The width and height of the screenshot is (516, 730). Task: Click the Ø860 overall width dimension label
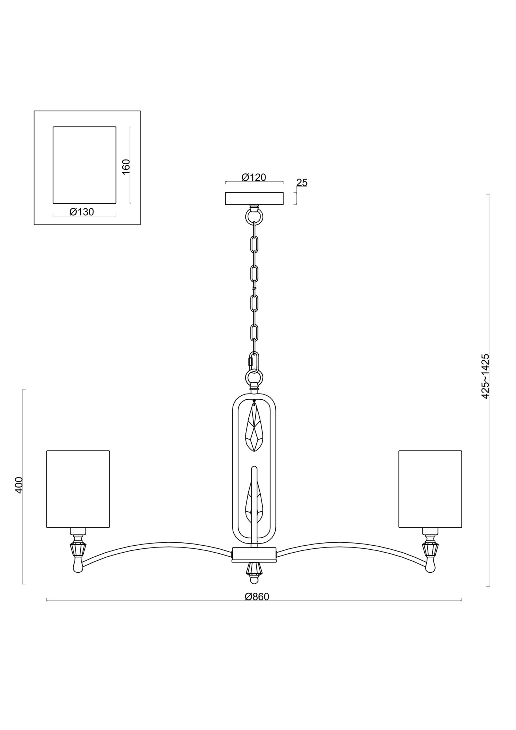click(x=257, y=596)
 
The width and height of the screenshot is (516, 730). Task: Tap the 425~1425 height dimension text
click(x=485, y=376)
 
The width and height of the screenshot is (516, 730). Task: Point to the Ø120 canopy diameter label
click(x=254, y=177)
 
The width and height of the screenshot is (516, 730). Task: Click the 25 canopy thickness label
click(x=302, y=182)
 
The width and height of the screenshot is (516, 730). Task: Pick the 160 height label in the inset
click(x=126, y=167)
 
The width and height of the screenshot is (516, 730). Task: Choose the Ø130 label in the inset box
click(x=82, y=212)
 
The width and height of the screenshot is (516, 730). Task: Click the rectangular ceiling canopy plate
click(x=254, y=199)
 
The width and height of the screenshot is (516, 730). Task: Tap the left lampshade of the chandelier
click(x=78, y=489)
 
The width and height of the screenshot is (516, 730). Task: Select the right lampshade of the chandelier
click(x=430, y=489)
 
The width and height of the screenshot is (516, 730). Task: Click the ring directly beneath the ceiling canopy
click(x=254, y=216)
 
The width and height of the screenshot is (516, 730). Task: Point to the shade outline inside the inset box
click(x=84, y=165)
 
